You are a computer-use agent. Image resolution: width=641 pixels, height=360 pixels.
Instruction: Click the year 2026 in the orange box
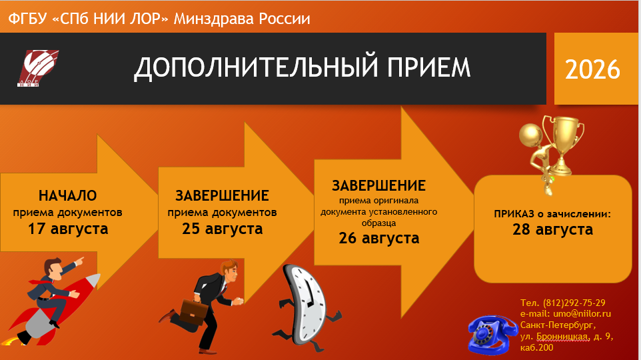592,69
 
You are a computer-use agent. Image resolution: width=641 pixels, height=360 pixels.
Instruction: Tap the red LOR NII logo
38,68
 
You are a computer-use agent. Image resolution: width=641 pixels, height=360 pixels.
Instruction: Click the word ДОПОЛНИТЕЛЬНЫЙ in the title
256,67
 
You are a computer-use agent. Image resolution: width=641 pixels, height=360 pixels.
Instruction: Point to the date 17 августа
68,229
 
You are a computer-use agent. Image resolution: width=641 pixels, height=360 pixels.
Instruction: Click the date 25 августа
223,229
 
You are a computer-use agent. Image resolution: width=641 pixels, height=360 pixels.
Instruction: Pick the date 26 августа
379,238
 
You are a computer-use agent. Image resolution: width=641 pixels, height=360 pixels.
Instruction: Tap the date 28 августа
552,229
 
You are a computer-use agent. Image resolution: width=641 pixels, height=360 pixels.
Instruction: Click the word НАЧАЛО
68,195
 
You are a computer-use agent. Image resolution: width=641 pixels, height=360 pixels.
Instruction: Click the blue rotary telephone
492,335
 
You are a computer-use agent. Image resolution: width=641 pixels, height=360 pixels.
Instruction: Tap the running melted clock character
307,307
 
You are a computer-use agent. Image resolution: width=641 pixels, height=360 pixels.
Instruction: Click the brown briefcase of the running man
194,312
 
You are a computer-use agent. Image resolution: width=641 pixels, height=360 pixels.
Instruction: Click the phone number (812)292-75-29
574,303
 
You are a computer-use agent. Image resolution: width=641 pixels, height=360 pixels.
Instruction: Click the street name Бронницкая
562,337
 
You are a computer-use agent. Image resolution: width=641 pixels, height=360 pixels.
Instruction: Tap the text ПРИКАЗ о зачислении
552,214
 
